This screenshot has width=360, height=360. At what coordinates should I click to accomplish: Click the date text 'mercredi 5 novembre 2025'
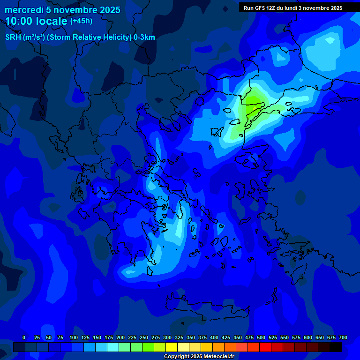pos(62,10)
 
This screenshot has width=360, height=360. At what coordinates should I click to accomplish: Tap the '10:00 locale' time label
pos(36,21)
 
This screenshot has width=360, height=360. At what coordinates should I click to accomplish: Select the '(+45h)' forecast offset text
pos(81,21)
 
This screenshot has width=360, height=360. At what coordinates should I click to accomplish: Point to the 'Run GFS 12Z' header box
pos(293,7)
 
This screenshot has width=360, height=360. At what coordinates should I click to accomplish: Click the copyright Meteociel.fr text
pos(199,357)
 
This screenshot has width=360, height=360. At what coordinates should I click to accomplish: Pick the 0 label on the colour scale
pos(24,337)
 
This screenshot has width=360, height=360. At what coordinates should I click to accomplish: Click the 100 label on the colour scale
pos(73,337)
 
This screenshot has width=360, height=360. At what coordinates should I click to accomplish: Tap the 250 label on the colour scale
pos(144,337)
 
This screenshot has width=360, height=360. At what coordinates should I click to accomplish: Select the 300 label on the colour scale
pos(167,337)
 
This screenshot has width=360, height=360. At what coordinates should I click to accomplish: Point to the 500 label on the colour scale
pos(261,337)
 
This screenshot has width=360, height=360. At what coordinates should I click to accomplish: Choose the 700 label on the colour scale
pos(343,337)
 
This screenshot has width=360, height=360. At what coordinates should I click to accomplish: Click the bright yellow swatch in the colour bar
pos(172,347)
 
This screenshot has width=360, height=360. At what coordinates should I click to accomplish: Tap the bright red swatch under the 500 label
pos(265,347)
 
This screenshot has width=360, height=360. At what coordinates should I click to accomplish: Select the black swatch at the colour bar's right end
pos(336,347)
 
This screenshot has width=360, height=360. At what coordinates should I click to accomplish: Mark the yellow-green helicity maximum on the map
pos(253,104)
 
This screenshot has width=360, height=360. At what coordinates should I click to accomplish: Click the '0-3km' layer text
pos(144,37)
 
